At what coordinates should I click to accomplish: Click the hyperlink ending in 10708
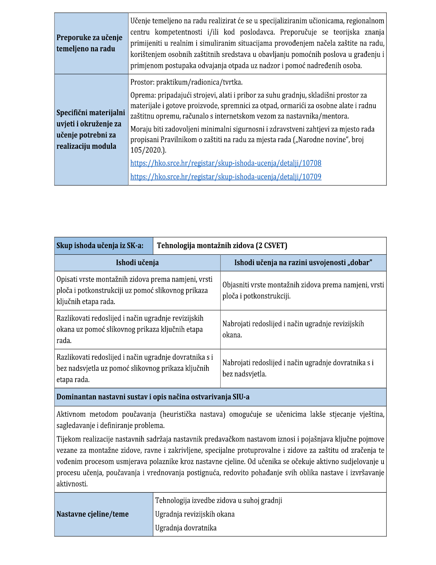coord(226,163)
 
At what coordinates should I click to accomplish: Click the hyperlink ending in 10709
coord(226,177)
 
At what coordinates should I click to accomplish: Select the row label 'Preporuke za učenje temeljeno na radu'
coord(89,43)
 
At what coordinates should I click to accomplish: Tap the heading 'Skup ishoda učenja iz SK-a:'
coord(100,246)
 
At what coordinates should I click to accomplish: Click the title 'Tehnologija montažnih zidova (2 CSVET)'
coord(222,246)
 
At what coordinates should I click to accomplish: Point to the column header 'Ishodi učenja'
coord(137,263)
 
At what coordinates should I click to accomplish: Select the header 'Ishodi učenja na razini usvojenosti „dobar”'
coord(303,263)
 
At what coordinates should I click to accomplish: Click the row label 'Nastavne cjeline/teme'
coord(92,514)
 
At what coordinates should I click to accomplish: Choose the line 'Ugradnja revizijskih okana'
coord(195,514)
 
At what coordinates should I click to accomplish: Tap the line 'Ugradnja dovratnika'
coord(186,528)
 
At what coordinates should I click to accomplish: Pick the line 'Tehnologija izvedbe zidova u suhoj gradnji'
coord(218,500)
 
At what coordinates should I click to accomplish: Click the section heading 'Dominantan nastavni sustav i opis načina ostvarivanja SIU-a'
coord(153,397)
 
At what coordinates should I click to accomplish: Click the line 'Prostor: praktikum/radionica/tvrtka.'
coord(186,82)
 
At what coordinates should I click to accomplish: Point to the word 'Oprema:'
coord(143,95)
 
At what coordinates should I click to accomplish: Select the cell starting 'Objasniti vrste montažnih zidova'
coord(303,290)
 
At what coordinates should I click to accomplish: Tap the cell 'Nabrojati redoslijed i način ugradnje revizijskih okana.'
coord(293,329)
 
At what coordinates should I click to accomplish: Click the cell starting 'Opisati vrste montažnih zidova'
coord(134,290)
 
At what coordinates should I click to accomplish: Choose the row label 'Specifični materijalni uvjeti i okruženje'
coord(90,129)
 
